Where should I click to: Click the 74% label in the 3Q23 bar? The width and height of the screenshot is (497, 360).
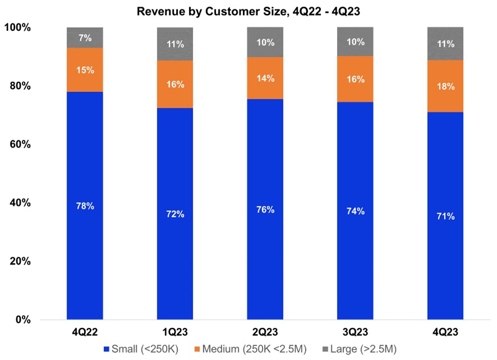(x=356, y=211)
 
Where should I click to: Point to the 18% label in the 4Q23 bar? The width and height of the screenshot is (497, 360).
(x=446, y=86)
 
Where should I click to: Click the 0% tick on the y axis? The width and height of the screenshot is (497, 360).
(x=24, y=320)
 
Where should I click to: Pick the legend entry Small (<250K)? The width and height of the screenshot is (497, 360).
(x=144, y=349)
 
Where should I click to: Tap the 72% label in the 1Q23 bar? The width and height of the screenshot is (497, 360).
(x=175, y=215)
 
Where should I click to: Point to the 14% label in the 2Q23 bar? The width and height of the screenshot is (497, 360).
(x=265, y=79)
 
